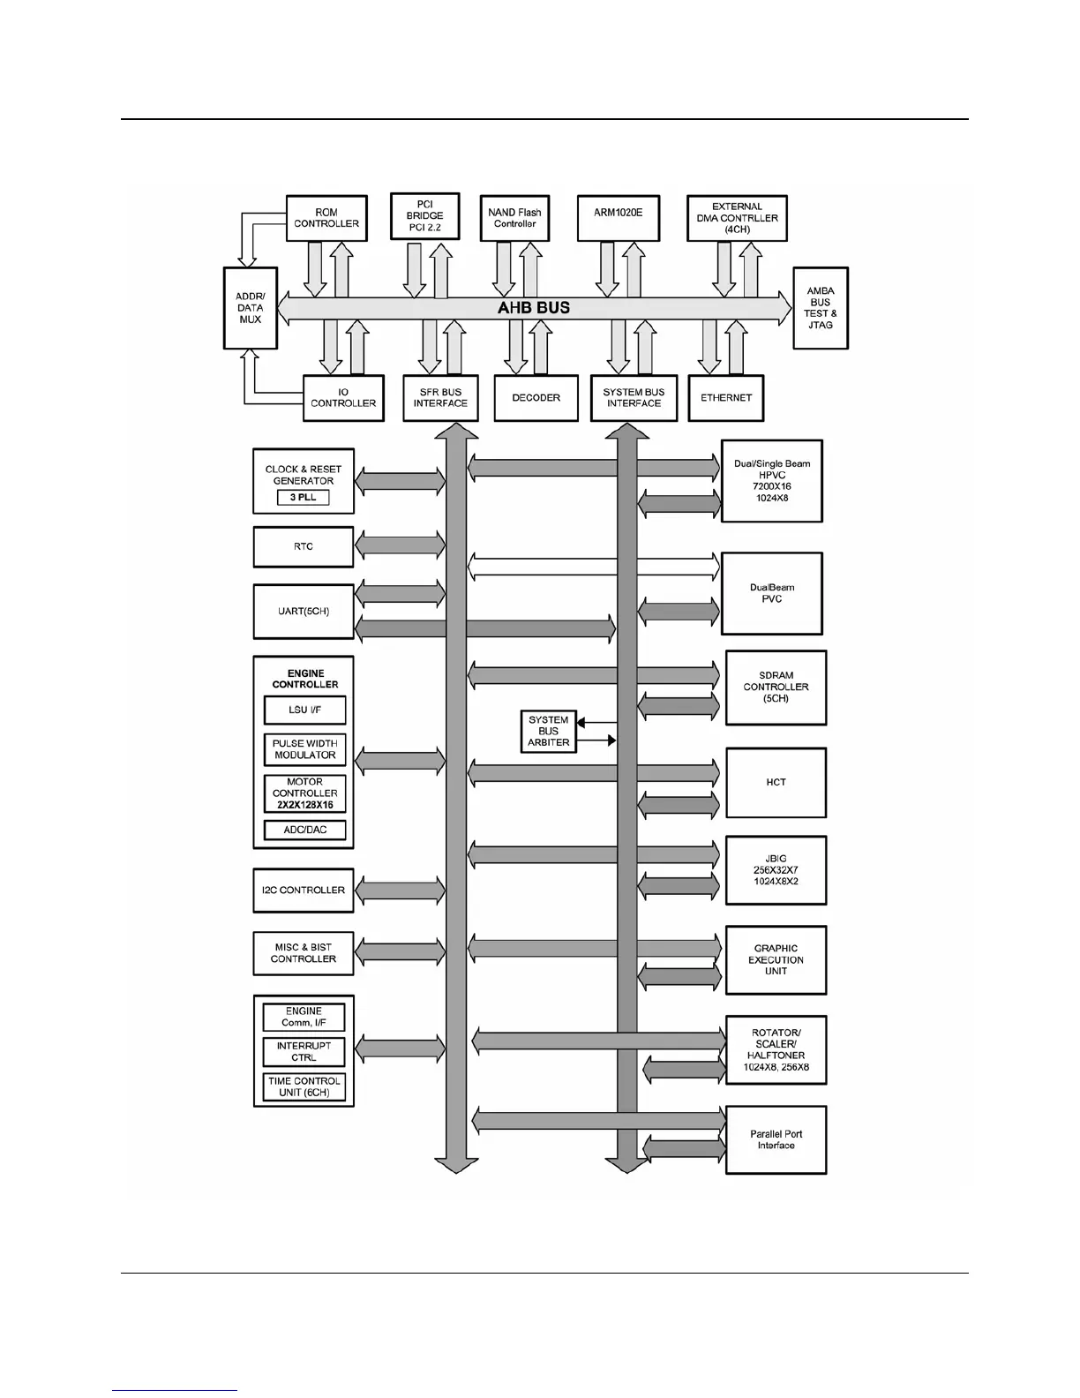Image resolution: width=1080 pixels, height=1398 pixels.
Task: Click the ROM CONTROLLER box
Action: [326, 218]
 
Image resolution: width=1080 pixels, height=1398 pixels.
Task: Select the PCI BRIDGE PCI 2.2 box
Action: [424, 216]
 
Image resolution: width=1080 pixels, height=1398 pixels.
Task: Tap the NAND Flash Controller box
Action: [514, 218]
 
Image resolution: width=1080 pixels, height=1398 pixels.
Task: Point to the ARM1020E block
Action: [618, 218]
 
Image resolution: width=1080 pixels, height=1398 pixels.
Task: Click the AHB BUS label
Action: [534, 308]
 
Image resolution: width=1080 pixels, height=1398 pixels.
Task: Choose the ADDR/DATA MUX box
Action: [251, 308]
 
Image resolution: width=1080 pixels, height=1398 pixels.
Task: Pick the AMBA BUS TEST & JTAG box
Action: [820, 308]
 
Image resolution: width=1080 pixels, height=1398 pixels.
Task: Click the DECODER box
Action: [536, 398]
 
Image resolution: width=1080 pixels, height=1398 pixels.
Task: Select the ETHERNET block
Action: [725, 398]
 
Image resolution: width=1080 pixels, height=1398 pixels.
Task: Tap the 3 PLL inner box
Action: [303, 498]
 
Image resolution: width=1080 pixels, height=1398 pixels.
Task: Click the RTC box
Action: [303, 547]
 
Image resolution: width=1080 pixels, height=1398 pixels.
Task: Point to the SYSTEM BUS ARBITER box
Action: [548, 732]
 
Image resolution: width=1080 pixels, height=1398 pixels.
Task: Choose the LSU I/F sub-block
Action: [304, 710]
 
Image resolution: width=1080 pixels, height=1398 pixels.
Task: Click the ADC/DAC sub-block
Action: [304, 830]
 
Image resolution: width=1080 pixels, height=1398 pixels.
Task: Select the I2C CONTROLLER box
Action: [303, 891]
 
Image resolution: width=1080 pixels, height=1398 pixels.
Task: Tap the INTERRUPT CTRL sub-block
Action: [304, 1052]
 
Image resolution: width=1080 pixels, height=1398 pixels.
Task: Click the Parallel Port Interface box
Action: [776, 1140]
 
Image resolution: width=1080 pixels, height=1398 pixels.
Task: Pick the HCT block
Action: [776, 783]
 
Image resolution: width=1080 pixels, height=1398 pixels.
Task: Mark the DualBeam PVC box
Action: [771, 593]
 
